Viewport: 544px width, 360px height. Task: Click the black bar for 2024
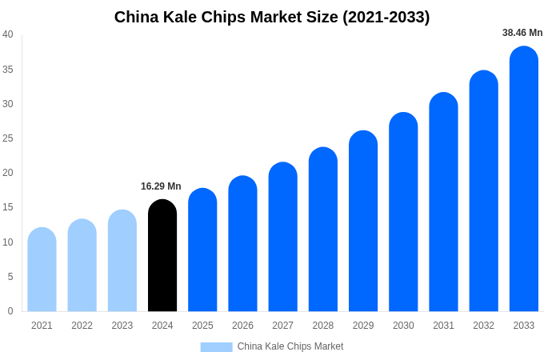162,256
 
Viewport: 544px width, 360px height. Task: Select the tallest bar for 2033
524,180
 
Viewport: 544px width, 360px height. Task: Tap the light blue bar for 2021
42,270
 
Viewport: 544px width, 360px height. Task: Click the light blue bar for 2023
122,262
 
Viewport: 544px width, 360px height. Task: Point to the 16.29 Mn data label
161,186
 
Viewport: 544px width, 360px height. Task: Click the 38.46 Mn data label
522,33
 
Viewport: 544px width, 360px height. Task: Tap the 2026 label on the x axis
242,326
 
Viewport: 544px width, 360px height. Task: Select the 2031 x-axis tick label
443,326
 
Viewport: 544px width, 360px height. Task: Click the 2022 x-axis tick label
82,326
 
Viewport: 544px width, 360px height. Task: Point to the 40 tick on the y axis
8,34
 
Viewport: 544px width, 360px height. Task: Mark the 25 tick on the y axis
8,138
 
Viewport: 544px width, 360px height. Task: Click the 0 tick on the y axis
10,311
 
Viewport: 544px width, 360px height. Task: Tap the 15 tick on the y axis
8,207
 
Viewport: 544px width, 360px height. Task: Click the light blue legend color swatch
216,347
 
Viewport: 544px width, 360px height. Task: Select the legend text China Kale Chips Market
290,346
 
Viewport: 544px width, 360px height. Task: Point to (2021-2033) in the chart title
386,17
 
